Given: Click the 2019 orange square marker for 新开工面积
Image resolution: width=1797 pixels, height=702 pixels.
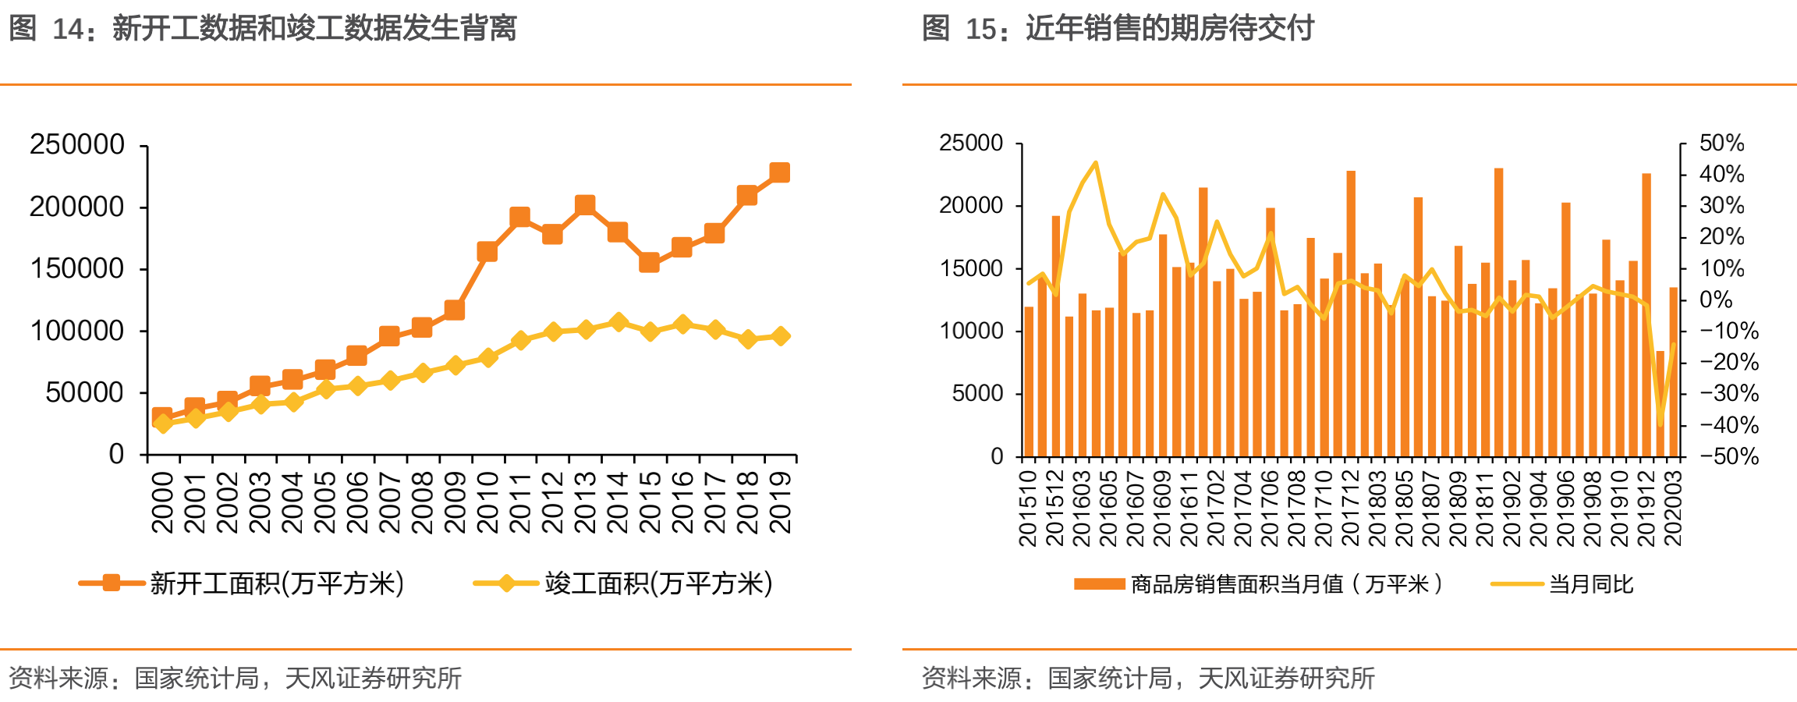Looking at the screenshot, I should pos(779,172).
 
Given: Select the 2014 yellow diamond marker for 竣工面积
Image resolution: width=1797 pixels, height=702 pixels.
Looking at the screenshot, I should pos(618,322).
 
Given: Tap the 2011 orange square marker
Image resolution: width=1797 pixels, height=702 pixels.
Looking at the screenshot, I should pos(519,216).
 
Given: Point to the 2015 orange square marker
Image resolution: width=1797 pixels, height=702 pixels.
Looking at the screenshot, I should pos(649,262).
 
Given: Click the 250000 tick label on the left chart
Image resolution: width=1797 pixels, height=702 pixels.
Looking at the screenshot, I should pos(76,144).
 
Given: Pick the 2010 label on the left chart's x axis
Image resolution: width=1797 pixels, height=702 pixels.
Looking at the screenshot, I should pos(487,502).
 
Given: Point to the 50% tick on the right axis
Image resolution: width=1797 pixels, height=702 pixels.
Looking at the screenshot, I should pos(1721,144).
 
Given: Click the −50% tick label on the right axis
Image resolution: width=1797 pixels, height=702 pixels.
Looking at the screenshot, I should pos(1729,456).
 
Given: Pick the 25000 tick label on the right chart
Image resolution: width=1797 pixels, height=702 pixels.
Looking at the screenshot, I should pos(971,144).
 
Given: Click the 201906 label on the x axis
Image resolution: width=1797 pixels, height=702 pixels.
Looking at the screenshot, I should pos(1565,508).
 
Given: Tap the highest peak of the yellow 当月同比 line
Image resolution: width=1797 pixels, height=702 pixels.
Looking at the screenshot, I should pos(1096,162).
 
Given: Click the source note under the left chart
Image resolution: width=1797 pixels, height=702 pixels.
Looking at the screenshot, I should pos(235,678).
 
